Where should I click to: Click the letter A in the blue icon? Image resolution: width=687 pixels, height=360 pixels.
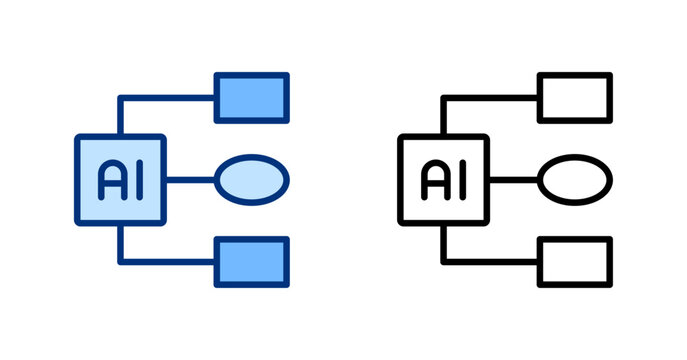[110, 179]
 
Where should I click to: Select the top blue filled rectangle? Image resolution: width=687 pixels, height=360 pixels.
[252, 97]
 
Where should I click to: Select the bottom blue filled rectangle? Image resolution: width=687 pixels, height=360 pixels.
[252, 261]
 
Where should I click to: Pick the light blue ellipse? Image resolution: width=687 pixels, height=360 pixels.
[252, 179]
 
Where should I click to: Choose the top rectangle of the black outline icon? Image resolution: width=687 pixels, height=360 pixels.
[575, 97]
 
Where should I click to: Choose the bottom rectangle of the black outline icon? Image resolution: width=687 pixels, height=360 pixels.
[575, 261]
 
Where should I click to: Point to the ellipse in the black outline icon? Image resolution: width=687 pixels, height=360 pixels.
[575, 179]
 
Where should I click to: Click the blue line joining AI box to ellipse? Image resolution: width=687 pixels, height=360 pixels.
[190, 179]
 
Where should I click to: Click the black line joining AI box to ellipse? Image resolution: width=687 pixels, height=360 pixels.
[513, 179]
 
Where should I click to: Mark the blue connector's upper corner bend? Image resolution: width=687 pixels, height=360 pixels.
[121, 98]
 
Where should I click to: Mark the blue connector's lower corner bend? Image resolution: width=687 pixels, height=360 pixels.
[121, 261]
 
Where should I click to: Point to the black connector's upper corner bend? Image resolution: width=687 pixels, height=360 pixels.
[444, 98]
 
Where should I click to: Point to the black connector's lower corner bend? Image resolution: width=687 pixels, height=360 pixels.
[444, 261]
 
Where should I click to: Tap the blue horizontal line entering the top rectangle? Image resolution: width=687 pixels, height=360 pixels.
[170, 98]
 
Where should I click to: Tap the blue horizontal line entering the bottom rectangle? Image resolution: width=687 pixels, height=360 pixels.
[170, 261]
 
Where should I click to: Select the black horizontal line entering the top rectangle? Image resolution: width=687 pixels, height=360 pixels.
[493, 98]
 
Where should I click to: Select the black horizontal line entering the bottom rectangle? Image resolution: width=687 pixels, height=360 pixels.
[493, 261]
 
